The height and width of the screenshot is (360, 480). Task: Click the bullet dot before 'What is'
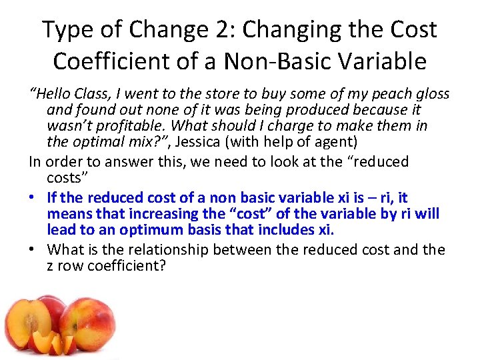(33, 250)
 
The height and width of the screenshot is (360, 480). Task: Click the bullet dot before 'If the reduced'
(33, 198)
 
